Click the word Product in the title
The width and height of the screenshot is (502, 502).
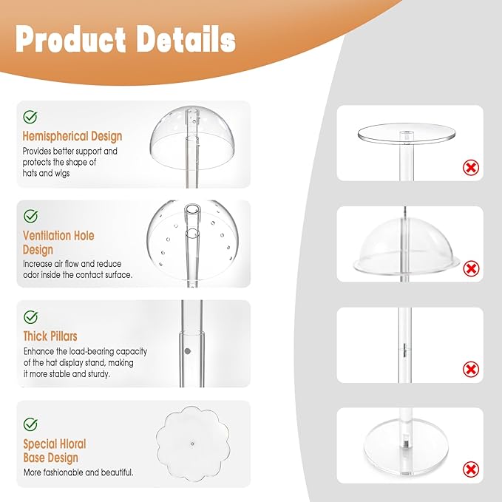pyautogui.click(x=70, y=39)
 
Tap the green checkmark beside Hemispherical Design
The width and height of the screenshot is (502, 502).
pyautogui.click(x=30, y=117)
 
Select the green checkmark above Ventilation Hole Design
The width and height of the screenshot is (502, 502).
pyautogui.click(x=31, y=216)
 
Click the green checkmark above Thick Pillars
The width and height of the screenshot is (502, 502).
pyautogui.click(x=31, y=317)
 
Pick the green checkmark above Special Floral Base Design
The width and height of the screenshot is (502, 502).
pyautogui.click(x=30, y=424)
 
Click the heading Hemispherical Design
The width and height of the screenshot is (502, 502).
pyautogui.click(x=72, y=136)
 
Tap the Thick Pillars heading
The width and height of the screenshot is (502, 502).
pyautogui.click(x=50, y=336)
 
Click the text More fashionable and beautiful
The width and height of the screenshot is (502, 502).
pyautogui.click(x=78, y=472)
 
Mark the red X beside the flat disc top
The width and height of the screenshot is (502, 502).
pyautogui.click(x=471, y=167)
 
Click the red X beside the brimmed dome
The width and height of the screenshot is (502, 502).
pyautogui.click(x=471, y=268)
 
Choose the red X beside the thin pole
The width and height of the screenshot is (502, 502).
pyautogui.click(x=471, y=370)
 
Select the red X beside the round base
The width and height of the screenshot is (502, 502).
pyautogui.click(x=471, y=469)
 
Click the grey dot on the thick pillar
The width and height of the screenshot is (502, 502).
pyautogui.click(x=188, y=351)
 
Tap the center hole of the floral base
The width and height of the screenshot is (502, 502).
pyautogui.click(x=192, y=444)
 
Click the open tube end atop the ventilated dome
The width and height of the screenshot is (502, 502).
pyautogui.click(x=191, y=210)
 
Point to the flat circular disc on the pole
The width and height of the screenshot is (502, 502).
pyautogui.click(x=406, y=132)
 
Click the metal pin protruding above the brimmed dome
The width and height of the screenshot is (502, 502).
pyautogui.click(x=404, y=212)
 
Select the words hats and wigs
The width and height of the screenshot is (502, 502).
pyautogui.click(x=46, y=174)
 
